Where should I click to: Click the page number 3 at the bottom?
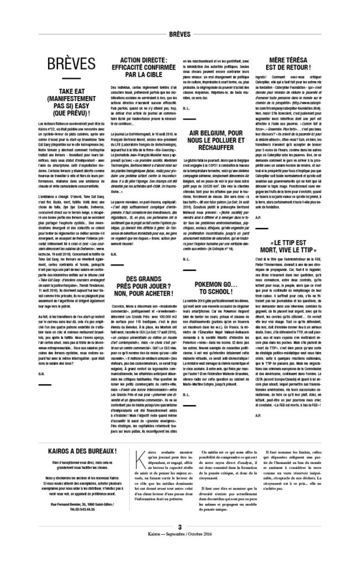point(180,542)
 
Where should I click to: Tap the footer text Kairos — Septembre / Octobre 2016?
point(180,550)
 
